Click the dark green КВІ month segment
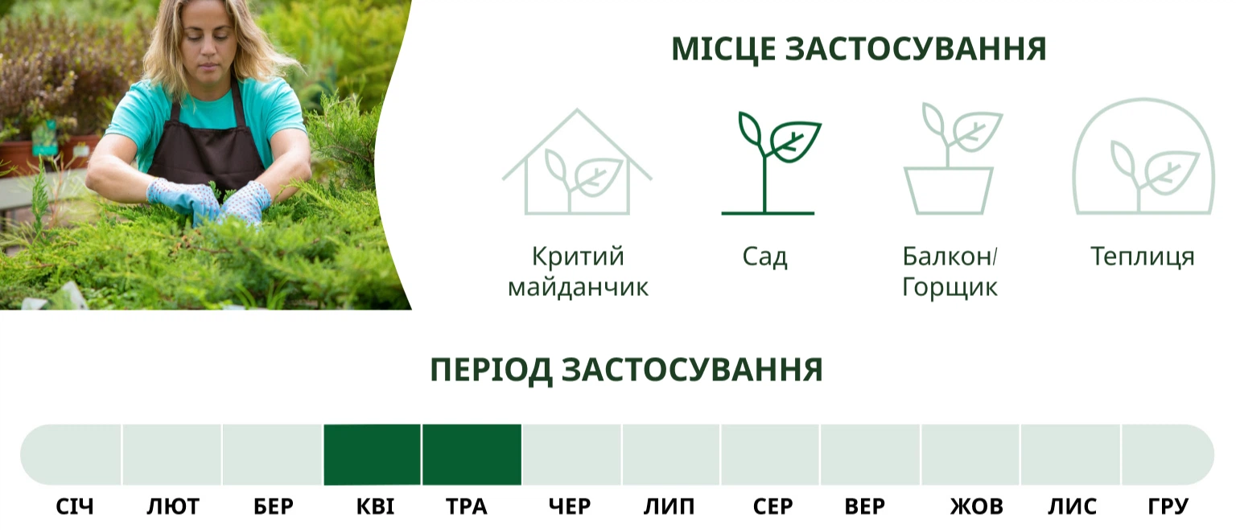(372, 454)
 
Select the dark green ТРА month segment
(472, 454)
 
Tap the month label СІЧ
(75, 507)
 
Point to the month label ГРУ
(1168, 507)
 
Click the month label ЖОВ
(976, 507)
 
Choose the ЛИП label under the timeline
(669, 507)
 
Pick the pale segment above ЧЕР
(571, 454)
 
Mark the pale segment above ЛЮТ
(172, 454)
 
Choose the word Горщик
(950, 287)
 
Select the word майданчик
(578, 287)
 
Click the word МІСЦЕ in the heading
(723, 49)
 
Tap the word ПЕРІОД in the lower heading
(491, 369)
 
